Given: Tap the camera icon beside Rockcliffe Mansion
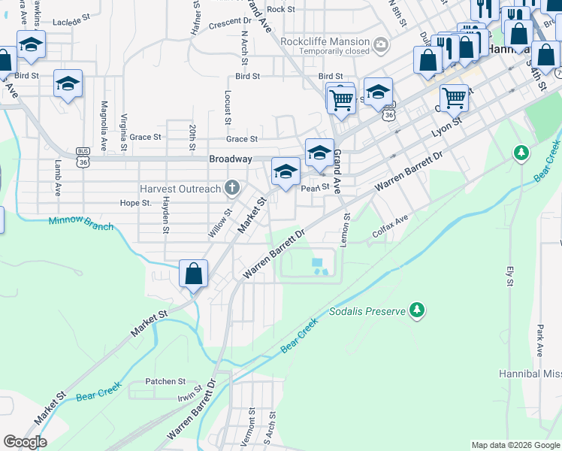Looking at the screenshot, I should click(x=381, y=45).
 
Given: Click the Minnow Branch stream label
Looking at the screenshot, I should click(x=80, y=223).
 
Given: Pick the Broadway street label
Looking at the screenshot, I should click(x=230, y=159).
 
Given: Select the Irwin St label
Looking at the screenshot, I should click(x=190, y=395).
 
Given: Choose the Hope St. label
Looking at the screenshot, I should click(x=136, y=203).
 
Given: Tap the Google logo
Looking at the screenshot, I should click(x=25, y=442).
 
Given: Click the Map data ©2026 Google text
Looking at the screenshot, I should click(x=515, y=445).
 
